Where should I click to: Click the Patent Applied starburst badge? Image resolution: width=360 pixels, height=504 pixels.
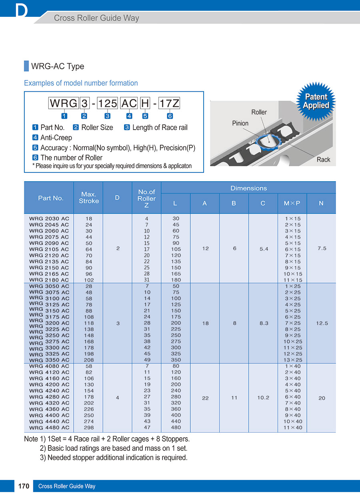pos(316,101)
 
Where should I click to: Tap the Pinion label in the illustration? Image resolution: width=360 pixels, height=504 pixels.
pos(240,123)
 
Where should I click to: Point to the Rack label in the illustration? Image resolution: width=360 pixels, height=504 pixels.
pos(323,160)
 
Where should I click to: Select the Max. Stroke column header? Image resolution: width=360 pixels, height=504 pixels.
pos(88,198)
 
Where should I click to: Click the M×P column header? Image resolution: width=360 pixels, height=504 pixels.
pos(292,203)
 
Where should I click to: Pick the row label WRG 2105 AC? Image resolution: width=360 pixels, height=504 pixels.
pos(49,249)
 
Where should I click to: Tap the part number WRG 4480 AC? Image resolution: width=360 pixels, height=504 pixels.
pos(49,428)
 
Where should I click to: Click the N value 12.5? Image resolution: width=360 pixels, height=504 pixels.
pos(322,323)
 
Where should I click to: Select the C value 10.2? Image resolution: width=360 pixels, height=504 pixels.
pos(263,398)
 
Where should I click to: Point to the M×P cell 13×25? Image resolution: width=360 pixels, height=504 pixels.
pos(293,360)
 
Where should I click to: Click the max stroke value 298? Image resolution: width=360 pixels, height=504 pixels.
pos(89,428)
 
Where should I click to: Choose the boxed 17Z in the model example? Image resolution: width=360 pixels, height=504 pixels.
pos(169,104)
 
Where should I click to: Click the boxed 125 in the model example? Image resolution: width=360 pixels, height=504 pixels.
pos(108,104)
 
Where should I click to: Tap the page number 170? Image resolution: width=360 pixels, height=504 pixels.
pos(24,486)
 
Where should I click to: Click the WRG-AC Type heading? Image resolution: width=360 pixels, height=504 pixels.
pos(58,66)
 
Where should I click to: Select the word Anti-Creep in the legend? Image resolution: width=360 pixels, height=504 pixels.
pos(56,138)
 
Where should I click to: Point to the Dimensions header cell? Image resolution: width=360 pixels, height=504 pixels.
pos(248,188)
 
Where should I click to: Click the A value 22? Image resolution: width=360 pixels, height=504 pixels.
pos(205,398)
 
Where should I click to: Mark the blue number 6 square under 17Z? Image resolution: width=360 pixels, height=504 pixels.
pos(170,116)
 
